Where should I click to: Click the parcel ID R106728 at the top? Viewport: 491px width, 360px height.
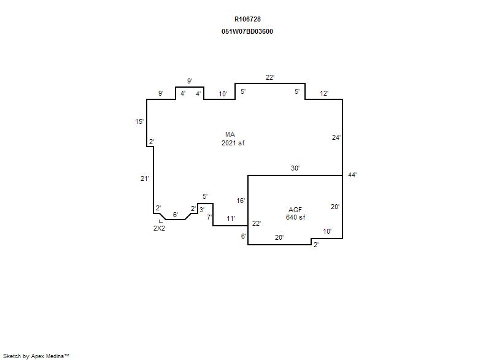[247, 19]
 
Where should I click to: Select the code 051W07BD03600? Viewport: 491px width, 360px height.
[247, 31]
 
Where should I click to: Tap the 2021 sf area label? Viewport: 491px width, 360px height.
[233, 143]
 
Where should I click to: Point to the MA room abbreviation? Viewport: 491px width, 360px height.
[230, 134]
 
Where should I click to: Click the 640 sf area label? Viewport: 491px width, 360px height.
[295, 217]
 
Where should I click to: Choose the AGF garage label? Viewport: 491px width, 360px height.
[295, 210]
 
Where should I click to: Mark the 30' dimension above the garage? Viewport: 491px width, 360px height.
[295, 168]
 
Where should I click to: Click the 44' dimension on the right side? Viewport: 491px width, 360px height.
[352, 175]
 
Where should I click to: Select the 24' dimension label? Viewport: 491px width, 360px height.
[336, 137]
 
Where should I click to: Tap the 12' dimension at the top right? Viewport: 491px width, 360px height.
[324, 93]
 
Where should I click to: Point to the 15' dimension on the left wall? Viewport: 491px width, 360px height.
[139, 121]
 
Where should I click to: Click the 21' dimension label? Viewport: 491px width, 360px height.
[145, 178]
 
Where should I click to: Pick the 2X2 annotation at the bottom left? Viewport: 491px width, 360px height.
[159, 228]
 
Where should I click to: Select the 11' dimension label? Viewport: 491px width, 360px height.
[231, 218]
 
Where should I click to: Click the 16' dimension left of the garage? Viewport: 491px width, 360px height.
[241, 201]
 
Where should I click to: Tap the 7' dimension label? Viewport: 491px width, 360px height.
[209, 216]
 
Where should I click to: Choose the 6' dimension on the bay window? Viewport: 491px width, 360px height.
[176, 215]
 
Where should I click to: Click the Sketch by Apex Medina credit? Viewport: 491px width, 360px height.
[36, 356]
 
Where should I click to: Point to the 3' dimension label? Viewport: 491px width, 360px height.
[202, 210]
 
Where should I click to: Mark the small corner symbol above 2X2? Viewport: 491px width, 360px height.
[161, 221]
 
